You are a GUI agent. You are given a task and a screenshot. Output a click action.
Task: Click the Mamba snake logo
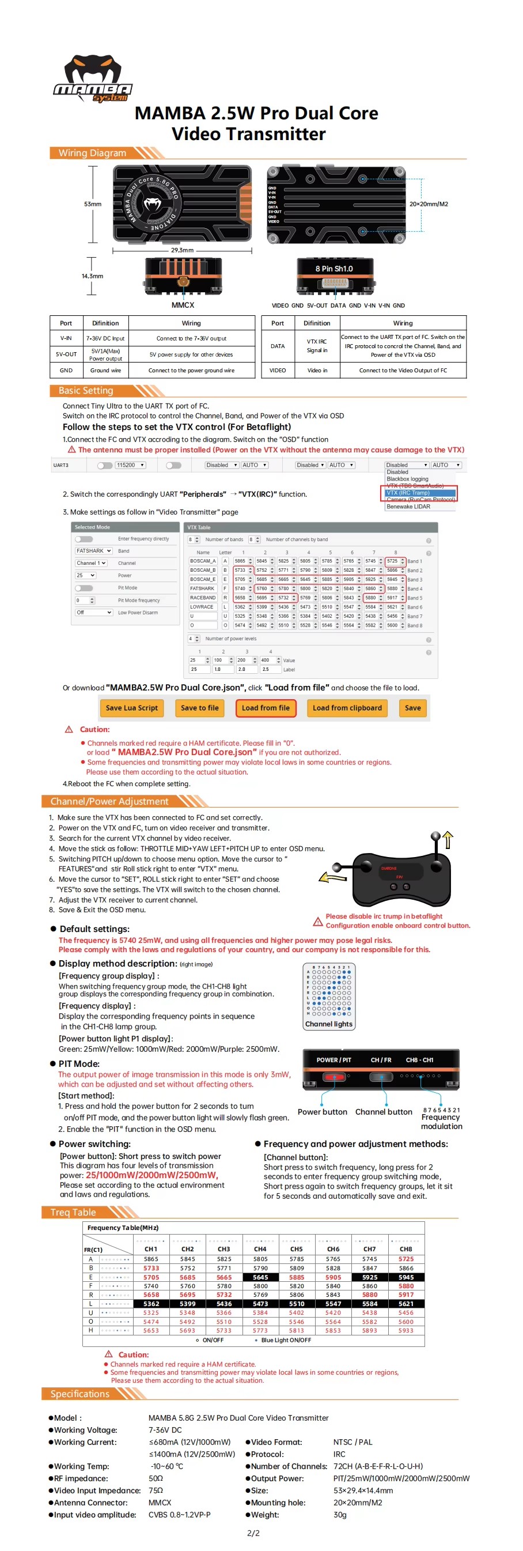point(92,78)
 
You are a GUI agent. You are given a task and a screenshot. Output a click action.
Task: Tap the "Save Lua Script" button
point(131,708)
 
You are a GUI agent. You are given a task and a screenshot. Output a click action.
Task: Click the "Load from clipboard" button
point(347,708)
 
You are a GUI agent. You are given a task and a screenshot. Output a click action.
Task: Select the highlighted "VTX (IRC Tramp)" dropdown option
point(419,493)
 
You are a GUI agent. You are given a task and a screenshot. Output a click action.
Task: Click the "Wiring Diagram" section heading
point(92,153)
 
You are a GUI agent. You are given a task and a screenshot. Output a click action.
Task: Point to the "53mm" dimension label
point(93,204)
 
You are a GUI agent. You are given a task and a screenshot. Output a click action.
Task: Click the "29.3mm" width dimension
point(183,250)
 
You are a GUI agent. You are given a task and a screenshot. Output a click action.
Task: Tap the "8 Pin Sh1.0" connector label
point(334,269)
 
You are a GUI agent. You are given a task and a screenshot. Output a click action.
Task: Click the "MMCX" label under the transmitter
point(183,305)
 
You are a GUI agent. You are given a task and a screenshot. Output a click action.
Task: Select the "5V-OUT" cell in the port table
point(66,354)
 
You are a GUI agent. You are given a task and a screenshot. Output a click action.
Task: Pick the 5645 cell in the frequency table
point(260,1277)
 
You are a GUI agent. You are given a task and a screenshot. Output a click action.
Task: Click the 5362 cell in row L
point(151,1304)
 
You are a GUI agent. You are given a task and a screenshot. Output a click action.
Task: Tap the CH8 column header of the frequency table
point(405,1250)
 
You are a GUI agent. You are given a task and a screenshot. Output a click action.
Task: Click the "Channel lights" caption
point(329,1024)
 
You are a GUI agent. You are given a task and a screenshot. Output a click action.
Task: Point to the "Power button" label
point(322,1112)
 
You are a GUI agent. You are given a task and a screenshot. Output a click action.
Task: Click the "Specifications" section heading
point(80,1394)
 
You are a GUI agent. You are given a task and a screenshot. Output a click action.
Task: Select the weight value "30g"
point(340,1515)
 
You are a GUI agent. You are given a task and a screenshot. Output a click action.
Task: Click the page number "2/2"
point(253,1533)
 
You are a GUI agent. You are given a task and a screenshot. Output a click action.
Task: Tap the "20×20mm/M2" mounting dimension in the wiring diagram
point(429,204)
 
